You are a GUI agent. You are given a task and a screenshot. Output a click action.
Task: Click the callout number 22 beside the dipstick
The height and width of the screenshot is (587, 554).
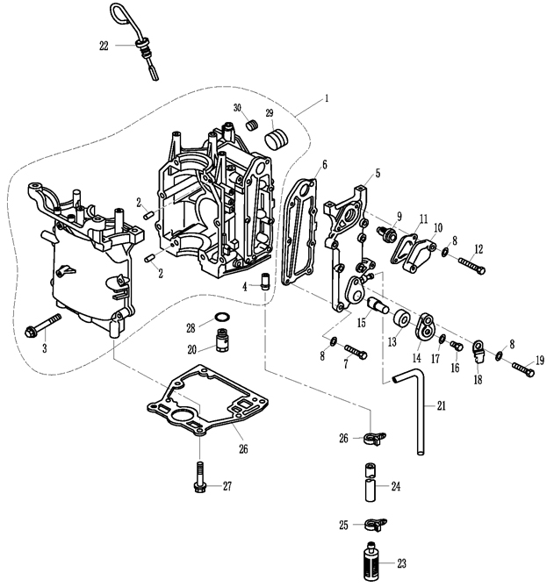pos(104,46)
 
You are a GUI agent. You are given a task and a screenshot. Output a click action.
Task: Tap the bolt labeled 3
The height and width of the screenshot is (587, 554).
pos(44,326)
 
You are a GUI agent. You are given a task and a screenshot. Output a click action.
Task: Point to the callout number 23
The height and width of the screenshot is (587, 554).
pos(402,563)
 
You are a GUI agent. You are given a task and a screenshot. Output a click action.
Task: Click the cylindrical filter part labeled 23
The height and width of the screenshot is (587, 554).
pos(371,559)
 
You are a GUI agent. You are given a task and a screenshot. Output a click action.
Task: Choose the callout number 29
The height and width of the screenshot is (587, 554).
pos(270,114)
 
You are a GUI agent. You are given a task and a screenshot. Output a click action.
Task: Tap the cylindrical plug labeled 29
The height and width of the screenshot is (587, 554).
pos(279,139)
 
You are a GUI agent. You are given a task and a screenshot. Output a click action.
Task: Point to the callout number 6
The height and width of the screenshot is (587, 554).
pos(324,164)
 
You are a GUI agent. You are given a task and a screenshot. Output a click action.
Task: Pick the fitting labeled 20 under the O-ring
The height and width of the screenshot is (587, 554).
pos(223,339)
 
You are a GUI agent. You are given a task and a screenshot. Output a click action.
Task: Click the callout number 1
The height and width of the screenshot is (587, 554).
pos(326,99)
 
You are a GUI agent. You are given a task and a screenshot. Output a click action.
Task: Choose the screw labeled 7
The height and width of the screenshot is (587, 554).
pos(356,354)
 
